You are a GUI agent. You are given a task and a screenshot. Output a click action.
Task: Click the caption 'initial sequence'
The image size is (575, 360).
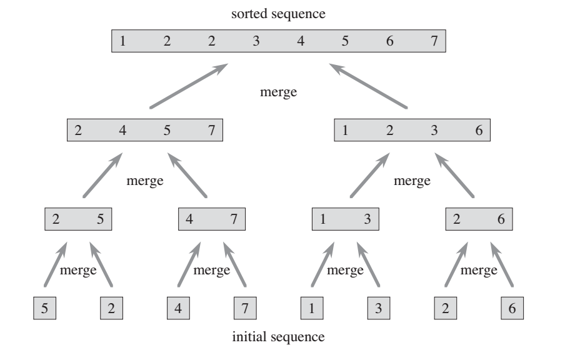tap(278, 337)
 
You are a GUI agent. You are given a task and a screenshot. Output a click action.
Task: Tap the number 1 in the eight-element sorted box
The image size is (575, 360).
tap(123, 42)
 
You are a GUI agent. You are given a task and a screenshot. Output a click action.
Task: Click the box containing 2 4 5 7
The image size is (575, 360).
tap(144, 131)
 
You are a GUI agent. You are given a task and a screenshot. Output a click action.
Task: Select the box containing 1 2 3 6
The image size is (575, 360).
tap(412, 131)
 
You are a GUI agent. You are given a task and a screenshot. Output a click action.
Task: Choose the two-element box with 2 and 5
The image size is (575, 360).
tap(78, 219)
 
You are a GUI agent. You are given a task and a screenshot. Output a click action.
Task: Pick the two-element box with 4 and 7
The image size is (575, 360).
tap(212, 219)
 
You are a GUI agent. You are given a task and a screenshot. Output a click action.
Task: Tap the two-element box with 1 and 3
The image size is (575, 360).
tap(346, 219)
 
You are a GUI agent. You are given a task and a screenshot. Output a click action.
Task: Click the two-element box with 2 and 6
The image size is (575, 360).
tap(479, 219)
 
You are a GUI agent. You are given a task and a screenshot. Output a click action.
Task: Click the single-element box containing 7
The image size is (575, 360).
tap(245, 308)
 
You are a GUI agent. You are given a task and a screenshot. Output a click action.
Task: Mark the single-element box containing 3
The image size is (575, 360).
tap(379, 308)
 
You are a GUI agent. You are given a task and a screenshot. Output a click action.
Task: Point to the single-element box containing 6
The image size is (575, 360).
tap(512, 308)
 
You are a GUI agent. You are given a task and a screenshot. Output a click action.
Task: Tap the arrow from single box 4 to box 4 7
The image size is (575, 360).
tap(189, 264)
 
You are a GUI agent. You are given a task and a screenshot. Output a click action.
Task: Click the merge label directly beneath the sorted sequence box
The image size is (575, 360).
tap(278, 92)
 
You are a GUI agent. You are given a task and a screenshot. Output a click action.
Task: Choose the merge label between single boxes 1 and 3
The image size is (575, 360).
tap(346, 271)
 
